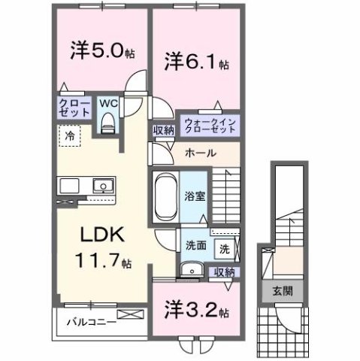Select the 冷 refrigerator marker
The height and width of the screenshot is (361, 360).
tap(69, 137)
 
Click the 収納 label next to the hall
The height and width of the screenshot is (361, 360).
tap(163, 131)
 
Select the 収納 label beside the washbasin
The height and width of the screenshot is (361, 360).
tap(222, 272)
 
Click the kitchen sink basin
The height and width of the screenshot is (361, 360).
tap(99, 186)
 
